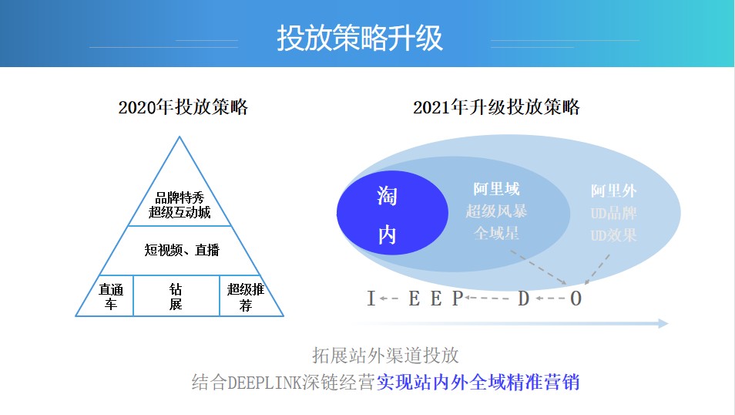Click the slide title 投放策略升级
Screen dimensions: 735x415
tap(360, 38)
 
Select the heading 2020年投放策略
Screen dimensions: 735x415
tap(183, 107)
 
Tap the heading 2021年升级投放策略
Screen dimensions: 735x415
tap(496, 107)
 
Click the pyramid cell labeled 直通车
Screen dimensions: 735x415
tap(110, 296)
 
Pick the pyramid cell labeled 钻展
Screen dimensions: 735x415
tap(176, 296)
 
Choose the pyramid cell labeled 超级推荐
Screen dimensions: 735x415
tap(246, 296)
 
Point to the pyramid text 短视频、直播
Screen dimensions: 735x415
tap(181, 250)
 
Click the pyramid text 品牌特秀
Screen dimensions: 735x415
tap(180, 197)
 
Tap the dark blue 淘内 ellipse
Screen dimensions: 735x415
tap(392, 213)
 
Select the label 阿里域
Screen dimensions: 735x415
tap(496, 189)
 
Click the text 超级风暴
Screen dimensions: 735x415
tap(496, 211)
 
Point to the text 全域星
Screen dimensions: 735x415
tap(496, 233)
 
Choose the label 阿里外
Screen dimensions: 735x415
tap(613, 191)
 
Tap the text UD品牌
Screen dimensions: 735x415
tap(613, 213)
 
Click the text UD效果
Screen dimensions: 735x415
tap(613, 235)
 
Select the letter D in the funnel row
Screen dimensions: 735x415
tap(524, 299)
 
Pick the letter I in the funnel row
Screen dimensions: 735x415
tap(371, 299)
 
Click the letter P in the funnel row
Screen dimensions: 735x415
tap(458, 299)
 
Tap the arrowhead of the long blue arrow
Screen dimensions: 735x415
tap(663, 323)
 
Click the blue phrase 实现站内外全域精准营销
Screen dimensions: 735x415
tap(478, 382)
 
